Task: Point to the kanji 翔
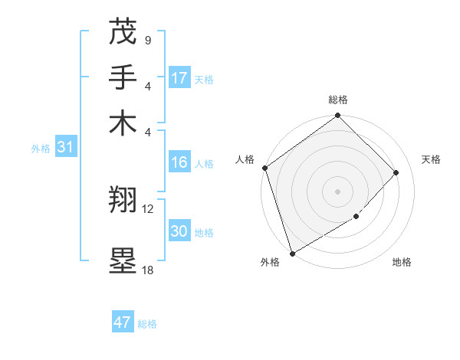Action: (123, 200)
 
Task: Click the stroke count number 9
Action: (147, 40)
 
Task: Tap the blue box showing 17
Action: (179, 78)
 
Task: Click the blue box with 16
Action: (179, 162)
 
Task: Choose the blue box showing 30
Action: (179, 231)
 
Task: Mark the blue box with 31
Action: (65, 147)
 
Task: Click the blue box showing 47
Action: (123, 322)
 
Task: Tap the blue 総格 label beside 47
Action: (147, 324)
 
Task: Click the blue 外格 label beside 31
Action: (41, 149)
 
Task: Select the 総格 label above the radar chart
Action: (338, 100)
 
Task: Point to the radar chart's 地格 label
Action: (402, 263)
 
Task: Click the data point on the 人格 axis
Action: (264, 168)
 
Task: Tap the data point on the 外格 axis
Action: (292, 254)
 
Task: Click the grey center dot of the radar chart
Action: (337, 191)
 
